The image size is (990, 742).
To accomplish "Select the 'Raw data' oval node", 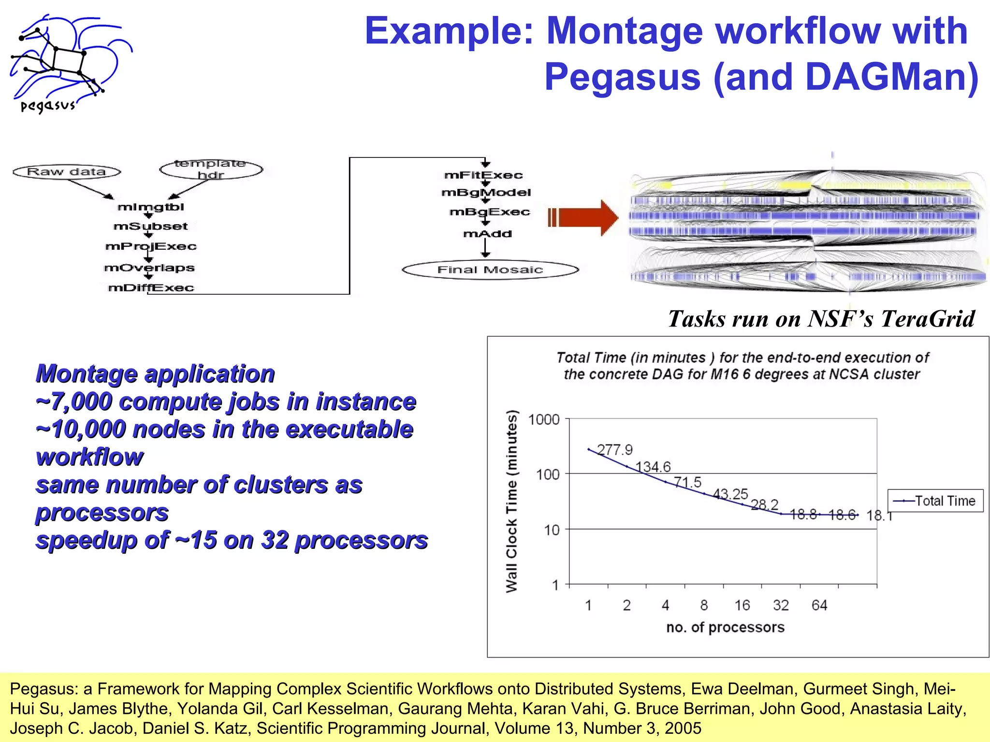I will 67,171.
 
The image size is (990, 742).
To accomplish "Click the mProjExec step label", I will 151,246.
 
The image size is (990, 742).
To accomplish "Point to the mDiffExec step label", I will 151,288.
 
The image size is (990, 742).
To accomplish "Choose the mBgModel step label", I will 486,193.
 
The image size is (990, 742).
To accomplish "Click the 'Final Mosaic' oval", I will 490,270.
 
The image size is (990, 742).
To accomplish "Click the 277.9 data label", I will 614,450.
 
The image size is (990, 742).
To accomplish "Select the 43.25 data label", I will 730,494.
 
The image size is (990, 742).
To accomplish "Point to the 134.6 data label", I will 653,467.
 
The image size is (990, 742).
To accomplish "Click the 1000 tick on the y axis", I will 544,419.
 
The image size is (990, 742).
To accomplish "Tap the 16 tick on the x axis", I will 742,605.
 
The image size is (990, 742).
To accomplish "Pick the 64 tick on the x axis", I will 819,605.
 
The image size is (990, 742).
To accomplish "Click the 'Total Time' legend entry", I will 935,501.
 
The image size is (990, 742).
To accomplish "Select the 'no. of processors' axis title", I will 725,627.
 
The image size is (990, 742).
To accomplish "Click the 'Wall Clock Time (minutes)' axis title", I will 511,501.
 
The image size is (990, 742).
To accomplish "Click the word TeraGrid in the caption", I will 928,319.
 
